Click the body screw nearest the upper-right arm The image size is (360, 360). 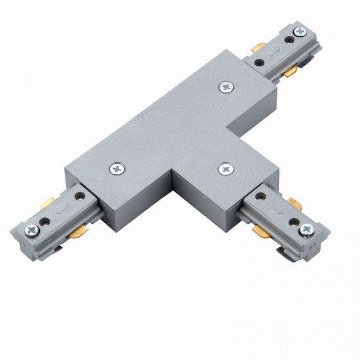click(226, 86)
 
